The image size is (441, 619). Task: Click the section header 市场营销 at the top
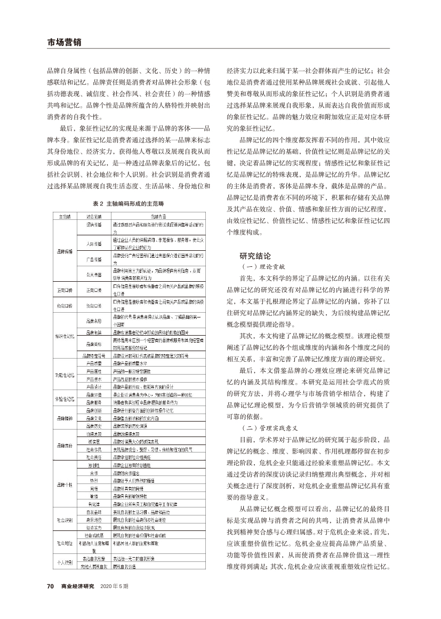pos(63,43)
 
